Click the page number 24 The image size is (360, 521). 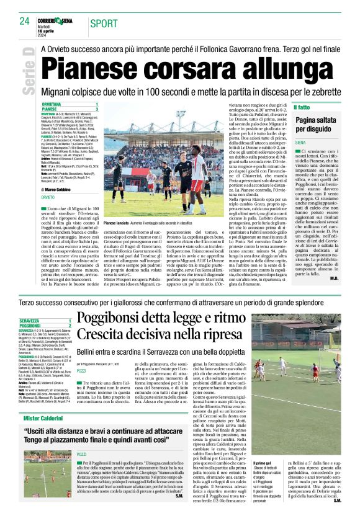click(x=24, y=21)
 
